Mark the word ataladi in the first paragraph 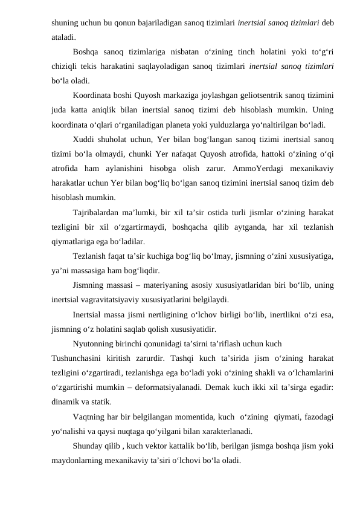[x=63, y=37]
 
